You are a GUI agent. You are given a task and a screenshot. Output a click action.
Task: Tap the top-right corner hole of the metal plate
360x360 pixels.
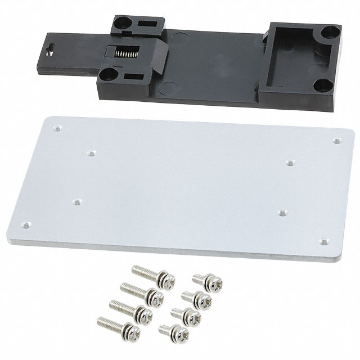click(336, 141)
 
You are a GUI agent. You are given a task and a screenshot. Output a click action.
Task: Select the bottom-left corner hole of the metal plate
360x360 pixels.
click(25, 224)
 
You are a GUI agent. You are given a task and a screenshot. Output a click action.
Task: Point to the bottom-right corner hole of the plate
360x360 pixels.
click(323, 242)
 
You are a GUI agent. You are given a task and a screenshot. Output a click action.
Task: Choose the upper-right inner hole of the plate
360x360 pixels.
click(290, 163)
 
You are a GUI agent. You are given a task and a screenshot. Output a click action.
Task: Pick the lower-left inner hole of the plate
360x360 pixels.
click(77, 201)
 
